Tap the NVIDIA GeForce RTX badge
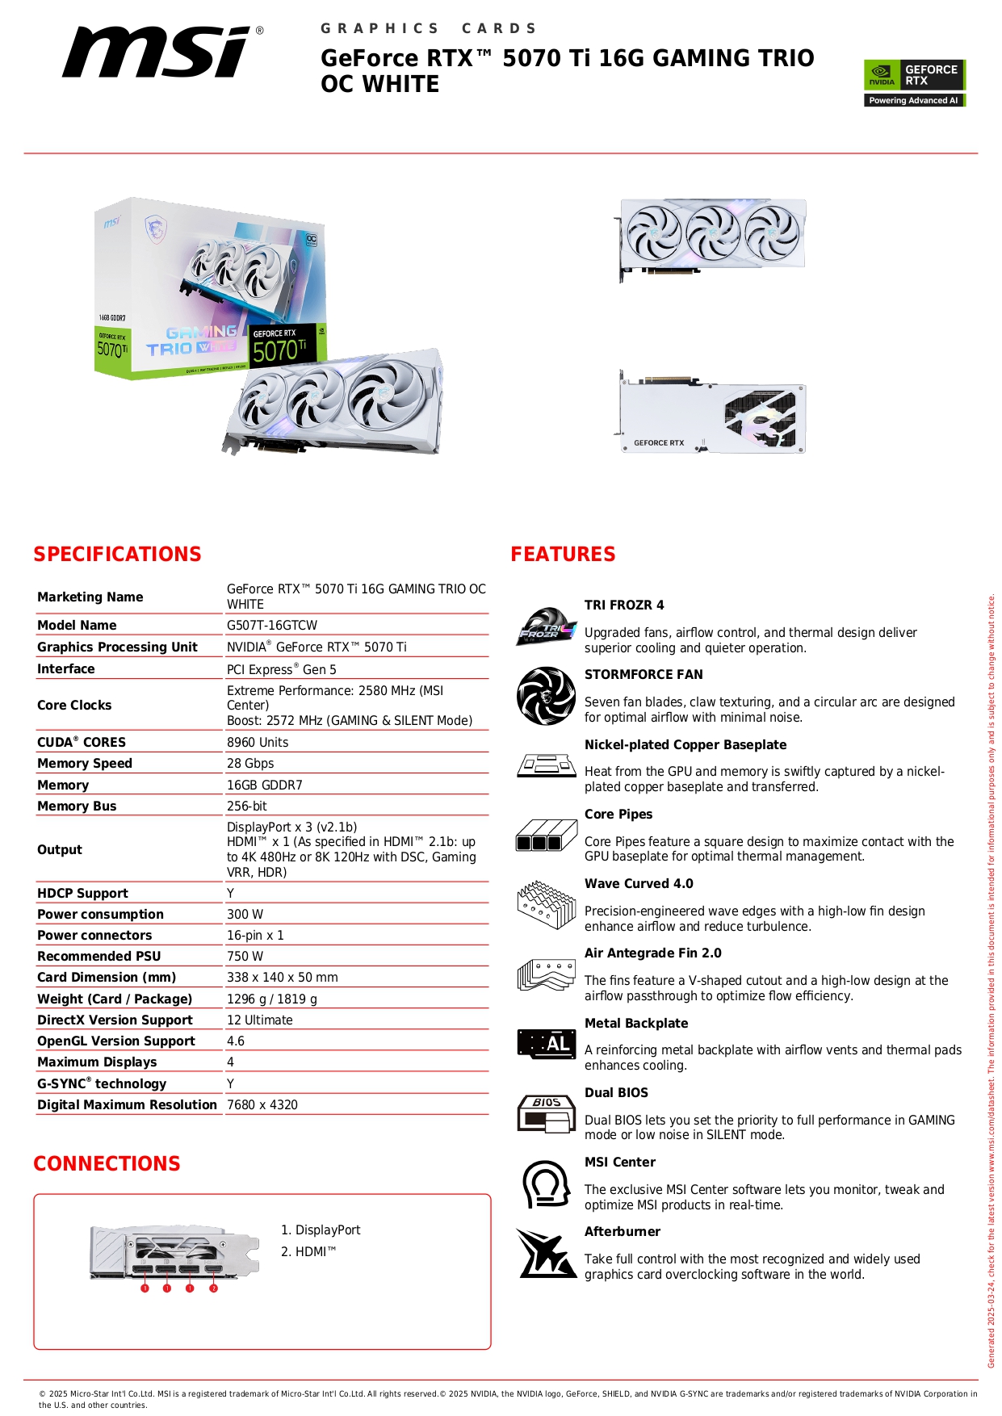(914, 82)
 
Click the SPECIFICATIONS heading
(117, 555)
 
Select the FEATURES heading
(563, 555)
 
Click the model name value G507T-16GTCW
(272, 626)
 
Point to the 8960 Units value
(258, 743)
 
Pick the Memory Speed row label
(85, 764)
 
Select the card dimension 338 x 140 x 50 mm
(283, 978)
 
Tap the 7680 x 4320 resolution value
(262, 1105)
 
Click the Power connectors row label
(94, 936)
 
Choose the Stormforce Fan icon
(547, 696)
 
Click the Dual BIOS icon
(547, 1114)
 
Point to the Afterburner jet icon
(547, 1254)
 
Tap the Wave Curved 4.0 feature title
(639, 884)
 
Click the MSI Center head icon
(546, 1183)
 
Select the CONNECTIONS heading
(107, 1164)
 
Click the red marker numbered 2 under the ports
(213, 1288)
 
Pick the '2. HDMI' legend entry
(308, 1252)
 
